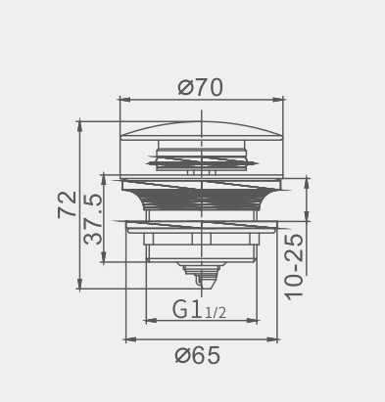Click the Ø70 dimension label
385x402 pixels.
[x=201, y=87]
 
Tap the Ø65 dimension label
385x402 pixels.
[x=198, y=355]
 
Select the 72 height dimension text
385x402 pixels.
[x=67, y=204]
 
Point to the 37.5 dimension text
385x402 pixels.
[x=93, y=218]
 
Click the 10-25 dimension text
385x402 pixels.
[x=294, y=267]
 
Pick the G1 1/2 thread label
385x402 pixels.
[x=199, y=310]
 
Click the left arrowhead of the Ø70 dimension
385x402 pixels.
[x=125, y=100]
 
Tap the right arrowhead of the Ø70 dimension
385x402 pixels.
[x=277, y=100]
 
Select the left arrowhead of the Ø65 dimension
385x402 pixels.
[x=131, y=339]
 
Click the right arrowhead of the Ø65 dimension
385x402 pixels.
[x=271, y=339]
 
